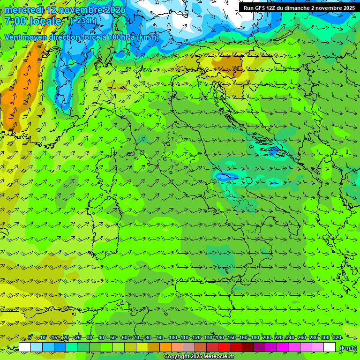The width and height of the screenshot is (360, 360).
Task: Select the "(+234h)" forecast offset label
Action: (83, 21)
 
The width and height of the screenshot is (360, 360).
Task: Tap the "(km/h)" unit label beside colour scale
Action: (347, 347)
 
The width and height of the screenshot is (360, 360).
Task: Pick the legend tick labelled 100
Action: (172, 337)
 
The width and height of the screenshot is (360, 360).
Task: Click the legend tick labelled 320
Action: (337, 337)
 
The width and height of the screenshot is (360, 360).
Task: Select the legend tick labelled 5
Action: (30, 337)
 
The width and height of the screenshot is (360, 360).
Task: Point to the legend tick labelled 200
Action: (266, 337)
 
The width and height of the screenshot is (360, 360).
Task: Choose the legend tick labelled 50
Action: (112, 337)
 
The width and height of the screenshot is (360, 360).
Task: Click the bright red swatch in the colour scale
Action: (224, 347)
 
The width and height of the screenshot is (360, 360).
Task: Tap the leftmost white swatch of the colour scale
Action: (25, 347)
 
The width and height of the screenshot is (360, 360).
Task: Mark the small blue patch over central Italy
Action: (227, 176)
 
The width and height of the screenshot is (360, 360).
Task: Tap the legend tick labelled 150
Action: (231, 337)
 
